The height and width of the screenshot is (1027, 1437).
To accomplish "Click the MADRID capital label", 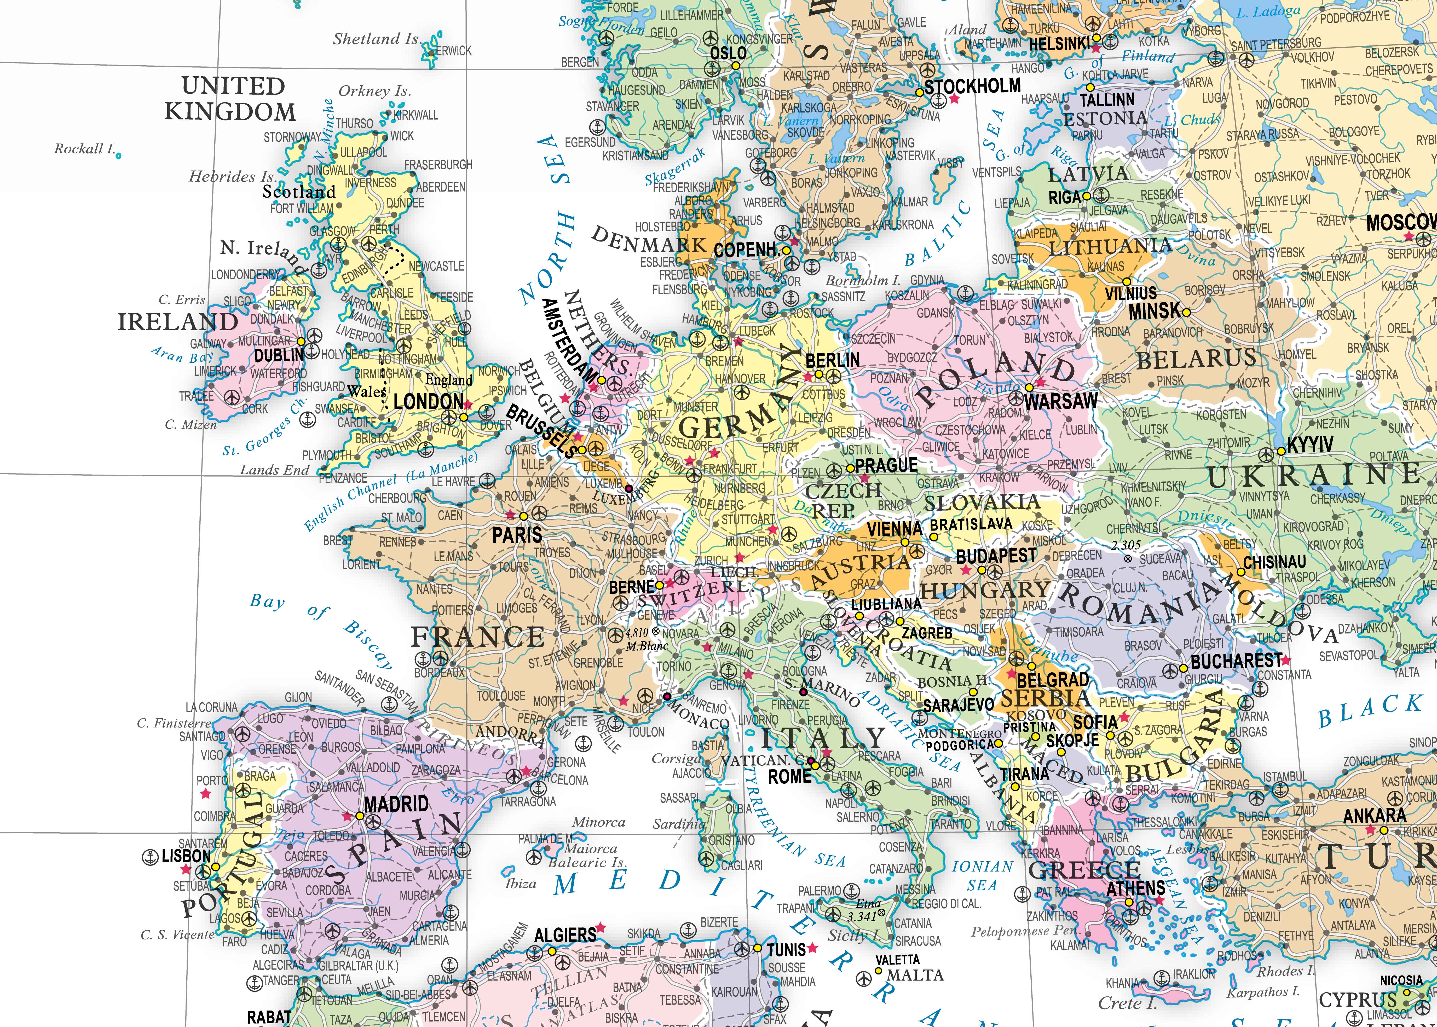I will tap(396, 804).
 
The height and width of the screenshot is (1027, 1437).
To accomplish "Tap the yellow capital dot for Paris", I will tap(523, 516).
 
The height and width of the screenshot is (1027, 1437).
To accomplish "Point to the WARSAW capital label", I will tap(1061, 401).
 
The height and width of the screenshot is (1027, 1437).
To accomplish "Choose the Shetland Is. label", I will tap(377, 39).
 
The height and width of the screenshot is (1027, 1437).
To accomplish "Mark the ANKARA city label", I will tap(1374, 816).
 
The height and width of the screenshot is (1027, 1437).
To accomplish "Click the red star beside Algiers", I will tap(600, 927).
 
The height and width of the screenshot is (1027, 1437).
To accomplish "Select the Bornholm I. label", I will tap(863, 280).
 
